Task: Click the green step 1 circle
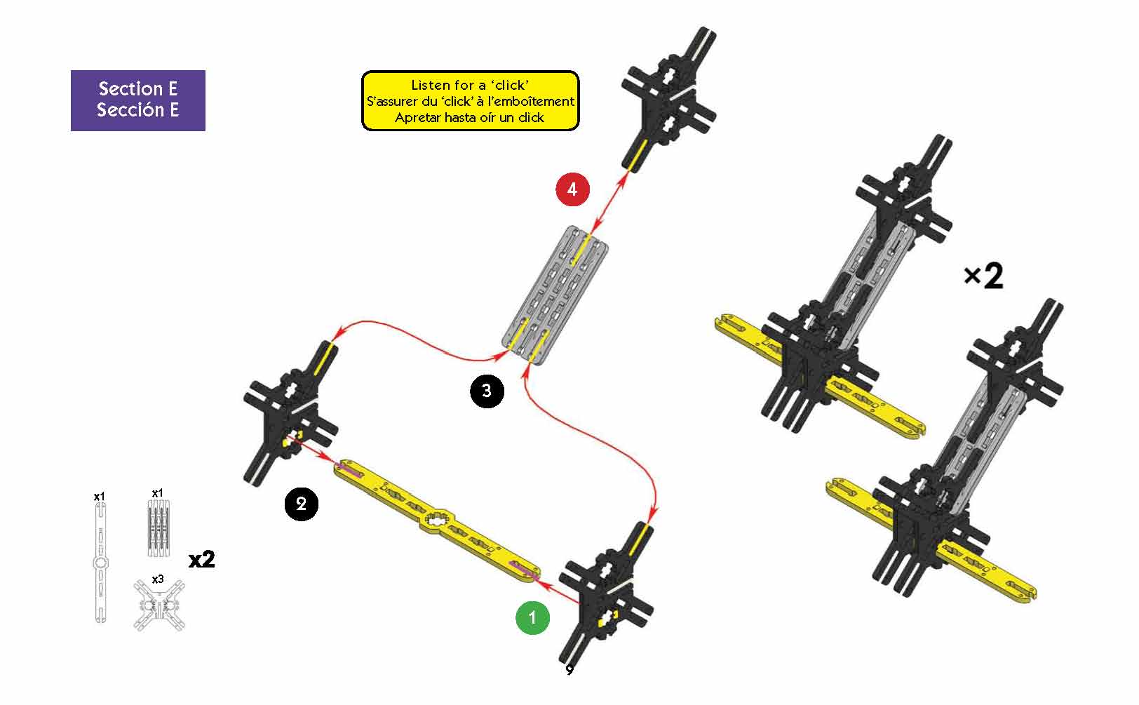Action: pyautogui.click(x=532, y=618)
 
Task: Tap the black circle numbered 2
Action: pyautogui.click(x=302, y=504)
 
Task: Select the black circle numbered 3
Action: pyautogui.click(x=487, y=391)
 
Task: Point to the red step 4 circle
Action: pyautogui.click(x=572, y=189)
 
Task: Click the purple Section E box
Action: pyautogui.click(x=137, y=100)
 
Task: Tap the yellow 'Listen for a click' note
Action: pyautogui.click(x=471, y=101)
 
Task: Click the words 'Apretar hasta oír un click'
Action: pyautogui.click(x=470, y=118)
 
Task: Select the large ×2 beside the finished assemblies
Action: pyautogui.click(x=984, y=276)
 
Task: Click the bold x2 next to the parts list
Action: pyautogui.click(x=202, y=560)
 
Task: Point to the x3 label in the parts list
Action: pyautogui.click(x=158, y=579)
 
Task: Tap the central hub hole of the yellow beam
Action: pyautogui.click(x=436, y=521)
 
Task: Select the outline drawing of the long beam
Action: pyautogui.click(x=101, y=562)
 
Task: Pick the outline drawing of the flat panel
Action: pyautogui.click(x=158, y=528)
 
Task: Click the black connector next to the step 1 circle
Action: pyautogui.click(x=606, y=595)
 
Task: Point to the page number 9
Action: pyautogui.click(x=569, y=669)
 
